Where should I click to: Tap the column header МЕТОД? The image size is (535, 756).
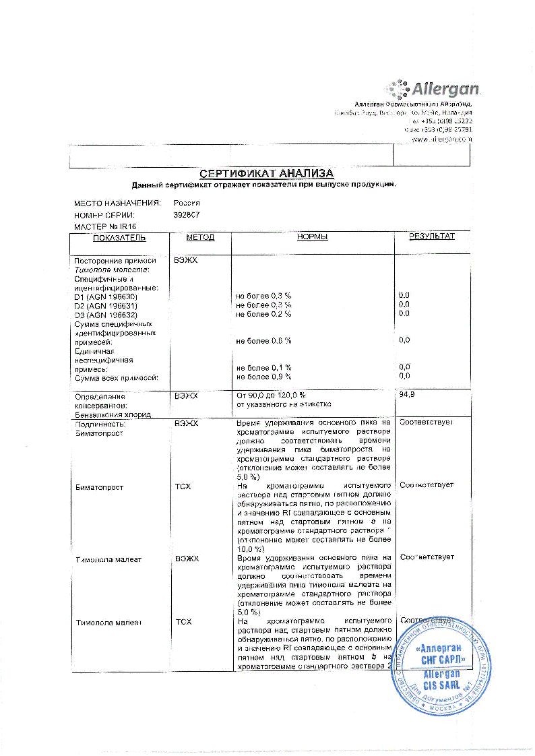click(x=200, y=237)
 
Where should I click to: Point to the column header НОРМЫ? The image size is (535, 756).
click(x=312, y=237)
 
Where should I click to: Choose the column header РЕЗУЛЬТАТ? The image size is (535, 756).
click(x=432, y=237)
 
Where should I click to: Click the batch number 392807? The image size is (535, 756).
click(x=187, y=214)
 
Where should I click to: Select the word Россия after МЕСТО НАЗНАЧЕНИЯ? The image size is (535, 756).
click(x=187, y=202)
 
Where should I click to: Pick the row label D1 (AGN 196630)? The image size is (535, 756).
click(x=106, y=296)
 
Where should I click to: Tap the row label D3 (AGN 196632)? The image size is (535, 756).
click(x=106, y=314)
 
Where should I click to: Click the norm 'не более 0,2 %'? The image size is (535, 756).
click(x=263, y=314)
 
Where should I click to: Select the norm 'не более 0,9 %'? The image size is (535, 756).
click(x=263, y=376)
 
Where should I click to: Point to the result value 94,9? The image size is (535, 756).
click(x=407, y=394)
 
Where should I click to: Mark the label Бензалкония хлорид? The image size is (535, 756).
click(x=113, y=414)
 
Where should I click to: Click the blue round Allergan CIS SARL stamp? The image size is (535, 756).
click(x=431, y=666)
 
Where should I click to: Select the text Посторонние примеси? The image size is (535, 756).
click(x=115, y=261)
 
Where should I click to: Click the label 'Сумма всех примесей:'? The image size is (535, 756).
click(x=117, y=377)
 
